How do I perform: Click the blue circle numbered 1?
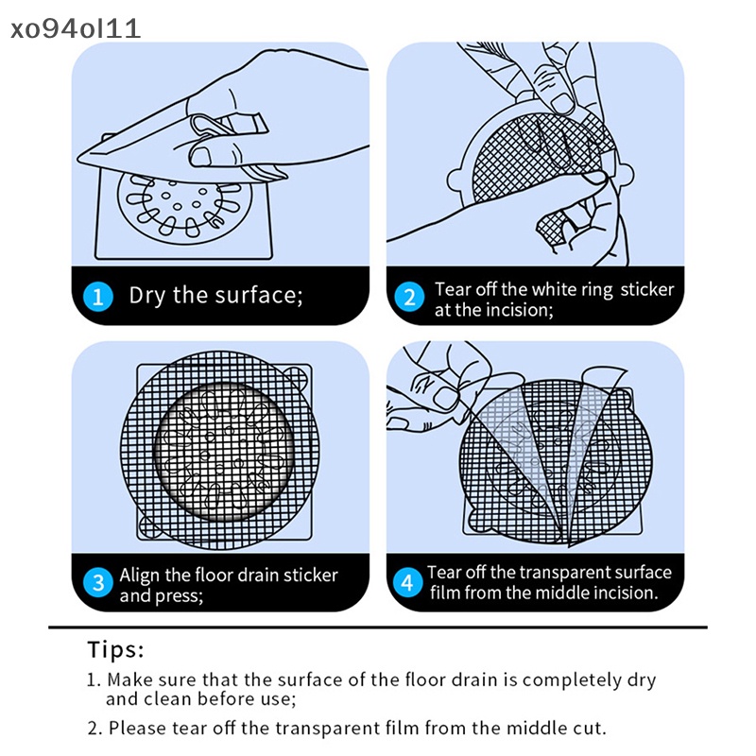coord(98,297)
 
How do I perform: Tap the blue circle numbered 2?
coord(409,297)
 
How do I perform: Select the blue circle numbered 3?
coord(98,582)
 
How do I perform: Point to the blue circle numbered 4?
coord(407,582)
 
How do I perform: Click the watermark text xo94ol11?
coord(76,28)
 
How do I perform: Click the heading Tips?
coord(115,649)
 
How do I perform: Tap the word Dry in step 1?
coord(147,296)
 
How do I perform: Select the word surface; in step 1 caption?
coord(258,295)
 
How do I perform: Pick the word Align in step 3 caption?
coord(139,576)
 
